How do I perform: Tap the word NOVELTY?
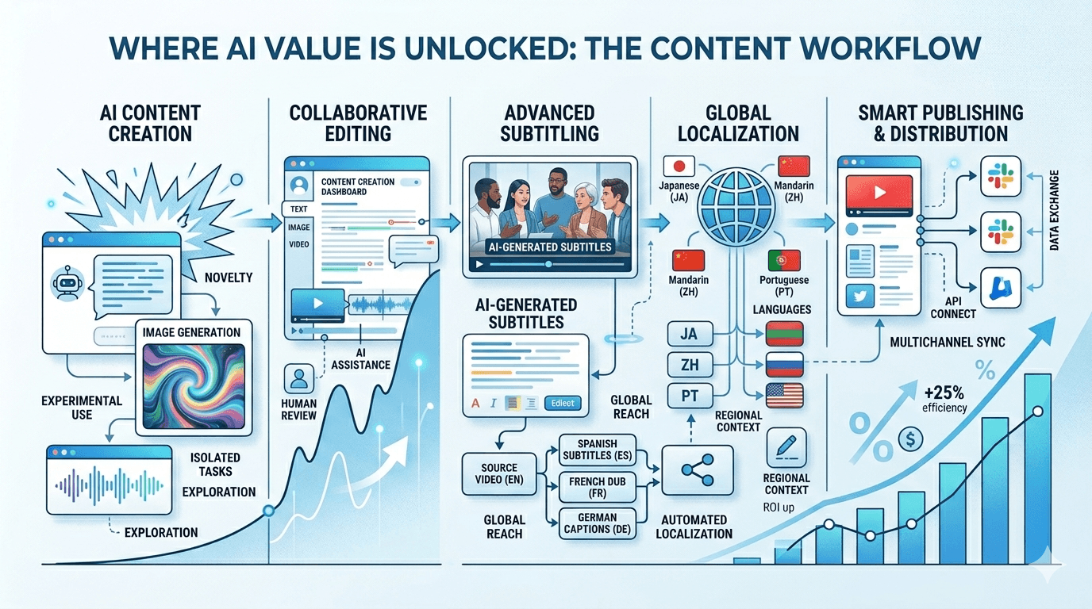[228, 277]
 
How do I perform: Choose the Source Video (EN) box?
[498, 473]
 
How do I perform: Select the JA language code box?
[688, 334]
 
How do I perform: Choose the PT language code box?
[688, 394]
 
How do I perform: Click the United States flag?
[784, 395]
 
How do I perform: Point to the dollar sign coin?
[909, 438]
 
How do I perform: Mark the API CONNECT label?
[959, 308]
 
